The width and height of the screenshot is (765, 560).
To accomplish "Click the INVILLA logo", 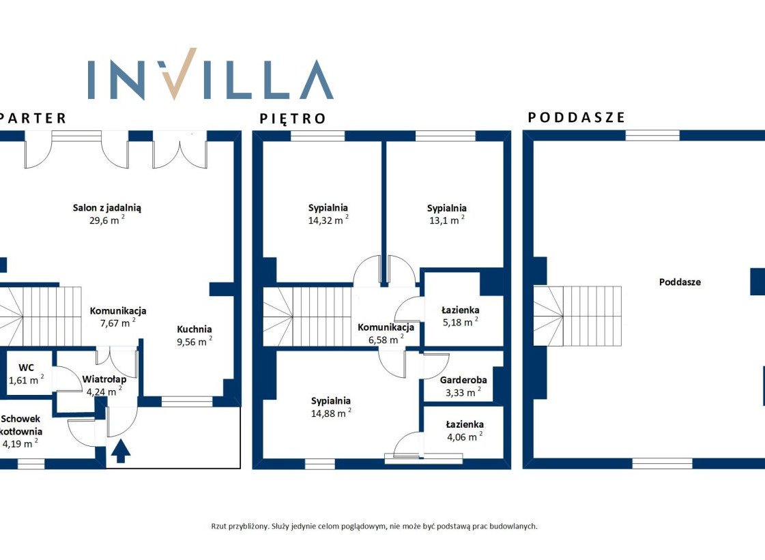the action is [210, 74].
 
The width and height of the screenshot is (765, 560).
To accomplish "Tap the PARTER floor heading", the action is [33, 118].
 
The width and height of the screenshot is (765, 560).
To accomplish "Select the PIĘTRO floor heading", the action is [293, 119].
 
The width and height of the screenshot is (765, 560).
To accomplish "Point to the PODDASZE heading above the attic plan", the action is [576, 117].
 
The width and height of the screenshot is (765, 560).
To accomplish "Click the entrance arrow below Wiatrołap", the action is [121, 451].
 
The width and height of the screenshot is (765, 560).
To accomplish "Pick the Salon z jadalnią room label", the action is [107, 208].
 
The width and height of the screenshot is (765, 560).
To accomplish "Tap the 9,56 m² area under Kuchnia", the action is [194, 341].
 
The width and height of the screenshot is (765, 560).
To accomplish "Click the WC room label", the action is [27, 368].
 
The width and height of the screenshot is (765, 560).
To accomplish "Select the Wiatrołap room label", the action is [104, 379].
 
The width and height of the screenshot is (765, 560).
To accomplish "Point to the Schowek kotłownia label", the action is [21, 425].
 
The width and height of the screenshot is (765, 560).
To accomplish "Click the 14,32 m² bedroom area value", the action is [328, 220].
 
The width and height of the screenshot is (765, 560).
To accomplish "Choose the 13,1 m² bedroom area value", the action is [446, 220].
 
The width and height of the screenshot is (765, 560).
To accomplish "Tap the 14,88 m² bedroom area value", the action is [331, 413].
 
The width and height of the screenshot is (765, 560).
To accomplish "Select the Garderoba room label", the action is [463, 380].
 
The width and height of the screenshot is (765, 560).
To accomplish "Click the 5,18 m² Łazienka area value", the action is [460, 322].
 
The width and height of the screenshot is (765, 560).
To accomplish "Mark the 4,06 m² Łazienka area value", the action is [465, 437].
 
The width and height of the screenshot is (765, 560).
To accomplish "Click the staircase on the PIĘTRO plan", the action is [307, 316].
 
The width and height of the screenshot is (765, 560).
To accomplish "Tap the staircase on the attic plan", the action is [577, 316].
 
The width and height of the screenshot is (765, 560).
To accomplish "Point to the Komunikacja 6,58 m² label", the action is [386, 334].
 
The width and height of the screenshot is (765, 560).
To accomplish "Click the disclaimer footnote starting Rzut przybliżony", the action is [374, 526].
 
